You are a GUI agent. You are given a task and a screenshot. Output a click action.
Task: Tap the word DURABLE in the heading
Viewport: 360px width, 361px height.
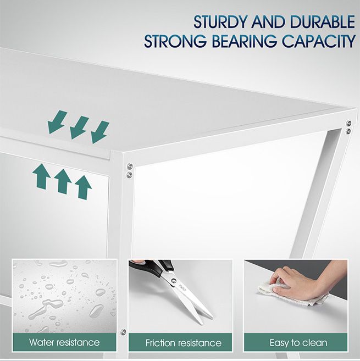click(323, 22)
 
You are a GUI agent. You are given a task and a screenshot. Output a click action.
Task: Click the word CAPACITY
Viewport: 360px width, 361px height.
click(318, 41)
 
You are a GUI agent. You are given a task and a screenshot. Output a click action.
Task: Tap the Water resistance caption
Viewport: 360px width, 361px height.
click(64, 342)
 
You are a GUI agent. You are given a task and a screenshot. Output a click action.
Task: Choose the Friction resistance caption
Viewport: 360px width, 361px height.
click(183, 343)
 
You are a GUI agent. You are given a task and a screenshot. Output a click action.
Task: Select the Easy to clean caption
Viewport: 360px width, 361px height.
click(298, 343)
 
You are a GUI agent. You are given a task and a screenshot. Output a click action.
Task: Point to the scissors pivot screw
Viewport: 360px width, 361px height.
click(173, 281)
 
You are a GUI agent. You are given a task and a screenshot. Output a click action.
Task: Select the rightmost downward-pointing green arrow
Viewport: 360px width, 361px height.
click(100, 132)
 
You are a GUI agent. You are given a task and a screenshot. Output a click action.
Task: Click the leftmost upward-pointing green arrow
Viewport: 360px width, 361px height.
click(42, 176)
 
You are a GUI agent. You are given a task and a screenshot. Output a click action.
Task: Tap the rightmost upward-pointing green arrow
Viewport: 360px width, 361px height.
click(83, 187)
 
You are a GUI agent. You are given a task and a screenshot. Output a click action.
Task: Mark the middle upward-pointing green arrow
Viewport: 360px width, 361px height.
click(63, 181)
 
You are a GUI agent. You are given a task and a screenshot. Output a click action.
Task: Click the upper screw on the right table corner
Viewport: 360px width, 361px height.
click(349, 123)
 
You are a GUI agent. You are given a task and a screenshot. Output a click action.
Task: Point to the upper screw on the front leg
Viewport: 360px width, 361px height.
click(130, 166)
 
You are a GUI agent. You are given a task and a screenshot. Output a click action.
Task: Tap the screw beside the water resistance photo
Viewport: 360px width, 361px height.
click(123, 332)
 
